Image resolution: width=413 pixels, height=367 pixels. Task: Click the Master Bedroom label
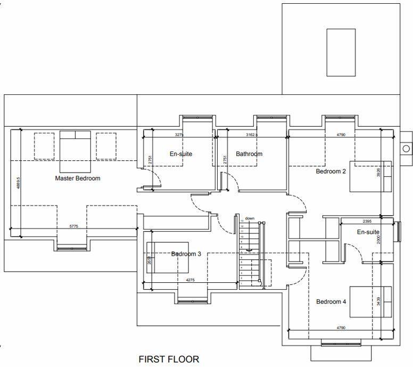point(78,178)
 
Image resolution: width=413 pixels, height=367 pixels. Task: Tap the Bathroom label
point(249,154)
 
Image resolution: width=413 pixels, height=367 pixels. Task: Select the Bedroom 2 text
point(331,172)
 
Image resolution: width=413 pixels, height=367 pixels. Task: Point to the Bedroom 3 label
point(186,254)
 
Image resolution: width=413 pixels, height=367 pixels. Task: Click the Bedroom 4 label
point(331,302)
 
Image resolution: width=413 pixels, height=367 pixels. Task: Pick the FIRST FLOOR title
point(169,360)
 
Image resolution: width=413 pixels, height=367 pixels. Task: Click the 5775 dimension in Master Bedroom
point(75,227)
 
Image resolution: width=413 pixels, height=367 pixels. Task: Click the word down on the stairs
point(250,218)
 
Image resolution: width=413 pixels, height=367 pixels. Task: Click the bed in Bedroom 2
point(370,176)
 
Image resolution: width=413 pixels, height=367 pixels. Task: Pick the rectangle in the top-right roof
point(341,53)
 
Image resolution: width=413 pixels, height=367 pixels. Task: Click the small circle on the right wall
point(406,148)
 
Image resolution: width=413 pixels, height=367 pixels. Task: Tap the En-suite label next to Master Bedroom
point(181,154)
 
